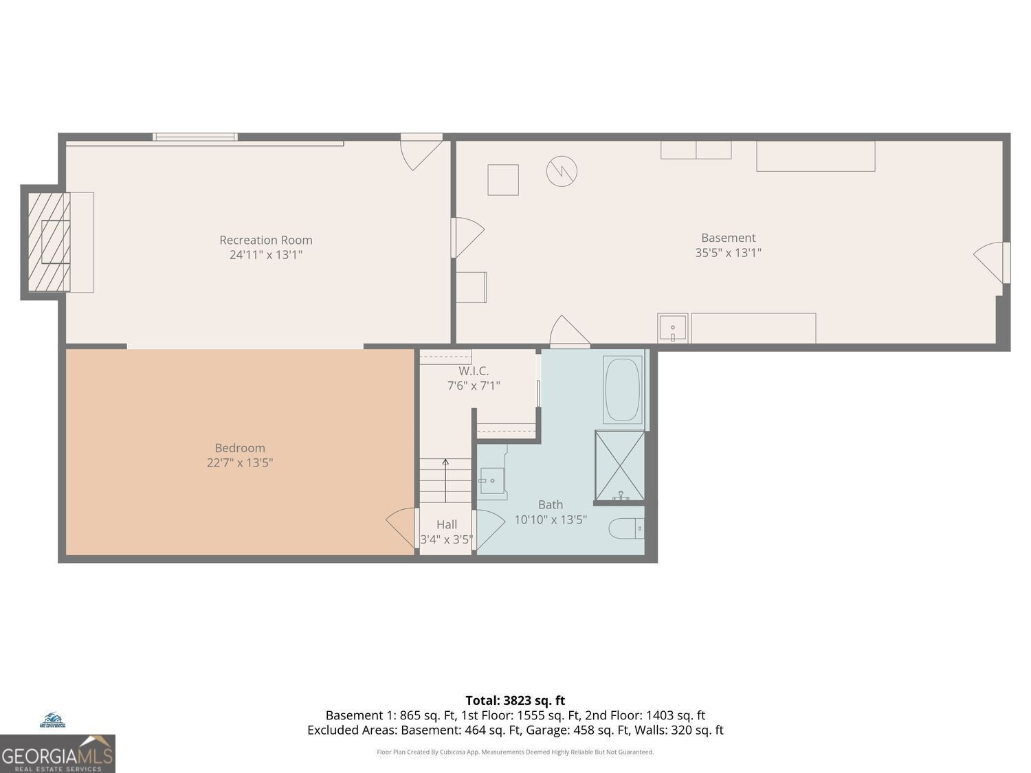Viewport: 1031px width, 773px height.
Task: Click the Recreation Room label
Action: tap(265, 240)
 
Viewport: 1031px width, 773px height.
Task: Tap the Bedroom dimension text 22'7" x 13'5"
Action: tap(240, 462)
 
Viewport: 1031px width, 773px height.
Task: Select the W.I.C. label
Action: tap(474, 371)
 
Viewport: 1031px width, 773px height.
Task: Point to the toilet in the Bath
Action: tap(625, 528)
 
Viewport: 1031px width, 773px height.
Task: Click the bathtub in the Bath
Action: tap(623, 389)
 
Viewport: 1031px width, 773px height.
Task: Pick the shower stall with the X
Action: tap(619, 465)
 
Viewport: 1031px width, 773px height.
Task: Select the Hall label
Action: tap(446, 524)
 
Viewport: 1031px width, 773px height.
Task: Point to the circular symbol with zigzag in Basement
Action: tap(562, 171)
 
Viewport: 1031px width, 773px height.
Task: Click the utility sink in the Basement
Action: tap(672, 328)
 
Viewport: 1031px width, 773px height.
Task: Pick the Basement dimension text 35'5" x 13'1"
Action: tap(728, 252)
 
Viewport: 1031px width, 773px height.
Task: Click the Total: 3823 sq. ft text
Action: tap(515, 700)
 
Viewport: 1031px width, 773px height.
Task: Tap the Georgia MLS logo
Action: tap(57, 754)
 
